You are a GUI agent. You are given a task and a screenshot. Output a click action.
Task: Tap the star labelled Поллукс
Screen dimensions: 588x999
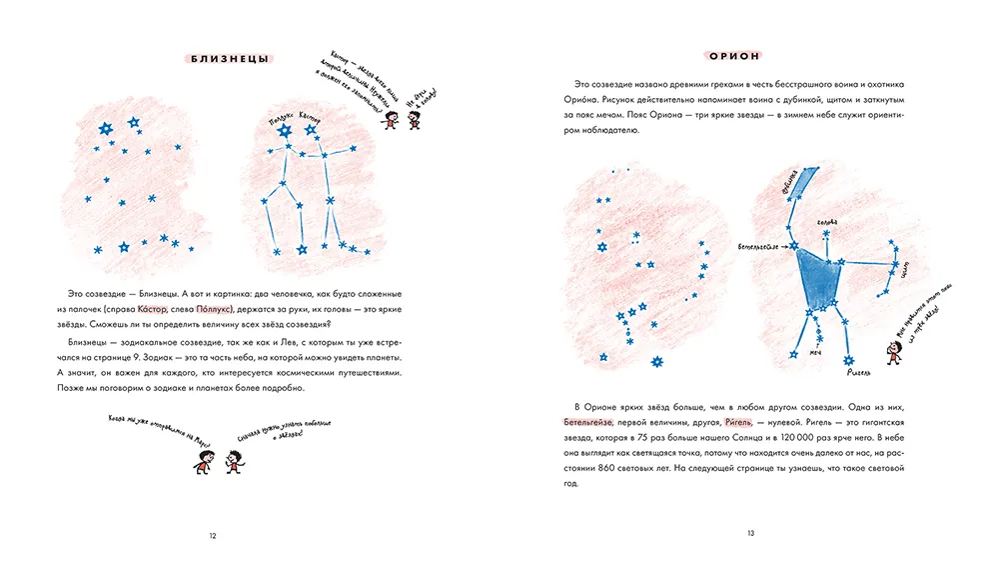click(x=284, y=131)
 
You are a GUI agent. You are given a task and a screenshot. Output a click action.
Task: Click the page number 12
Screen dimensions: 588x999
click(x=213, y=536)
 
